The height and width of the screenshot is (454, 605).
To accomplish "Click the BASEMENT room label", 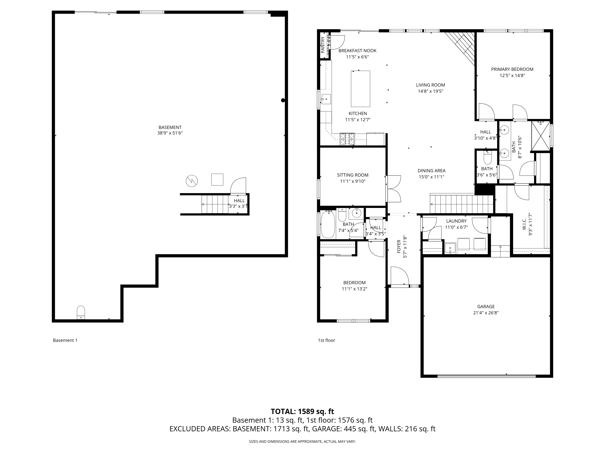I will pyautogui.click(x=170, y=127).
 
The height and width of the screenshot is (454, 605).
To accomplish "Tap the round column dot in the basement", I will pyautogui.click(x=283, y=100).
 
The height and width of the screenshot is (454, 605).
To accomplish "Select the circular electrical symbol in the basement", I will pyautogui.click(x=192, y=181).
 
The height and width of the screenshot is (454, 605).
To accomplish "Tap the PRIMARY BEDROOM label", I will pyautogui.click(x=512, y=69).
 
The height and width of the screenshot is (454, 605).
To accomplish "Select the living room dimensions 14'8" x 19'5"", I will pyautogui.click(x=430, y=91).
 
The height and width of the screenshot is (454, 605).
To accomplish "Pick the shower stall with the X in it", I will pyautogui.click(x=540, y=136).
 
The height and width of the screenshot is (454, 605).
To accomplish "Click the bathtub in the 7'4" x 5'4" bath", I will pyautogui.click(x=328, y=225).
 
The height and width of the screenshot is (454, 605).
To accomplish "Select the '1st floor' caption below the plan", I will pyautogui.click(x=326, y=340).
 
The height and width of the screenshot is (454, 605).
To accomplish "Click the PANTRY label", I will pyautogui.click(x=323, y=45).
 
